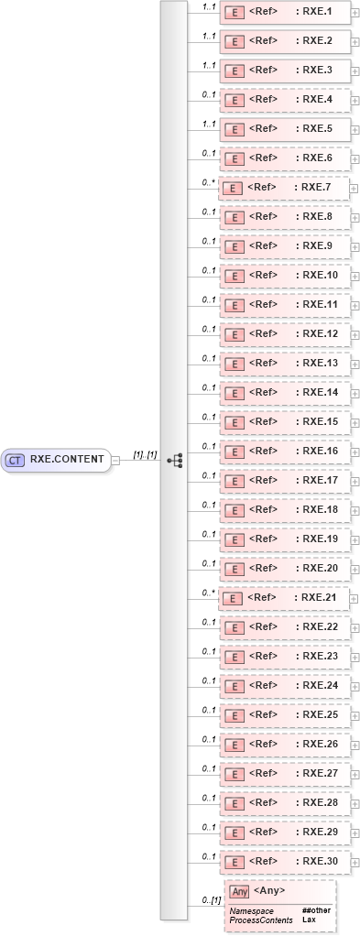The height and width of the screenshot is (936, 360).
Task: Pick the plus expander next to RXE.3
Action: click(x=355, y=71)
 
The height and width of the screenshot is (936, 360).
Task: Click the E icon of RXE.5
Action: click(x=234, y=129)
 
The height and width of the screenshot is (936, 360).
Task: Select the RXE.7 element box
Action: click(x=283, y=188)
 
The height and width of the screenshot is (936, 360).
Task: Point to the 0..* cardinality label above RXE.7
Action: click(x=208, y=181)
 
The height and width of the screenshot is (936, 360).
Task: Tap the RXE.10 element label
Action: click(x=314, y=275)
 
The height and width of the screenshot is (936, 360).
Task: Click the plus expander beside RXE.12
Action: click(x=355, y=334)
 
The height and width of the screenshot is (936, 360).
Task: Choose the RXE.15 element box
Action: click(x=283, y=421)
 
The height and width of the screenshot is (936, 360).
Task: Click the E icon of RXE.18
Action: click(x=234, y=509)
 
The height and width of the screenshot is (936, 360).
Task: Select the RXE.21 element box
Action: click(x=283, y=597)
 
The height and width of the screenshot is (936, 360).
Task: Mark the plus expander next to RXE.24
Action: click(x=355, y=685)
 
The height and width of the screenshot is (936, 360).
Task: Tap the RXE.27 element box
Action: click(x=283, y=773)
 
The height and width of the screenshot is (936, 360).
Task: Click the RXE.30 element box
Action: click(x=283, y=861)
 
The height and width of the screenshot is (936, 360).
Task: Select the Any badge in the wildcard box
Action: click(x=239, y=890)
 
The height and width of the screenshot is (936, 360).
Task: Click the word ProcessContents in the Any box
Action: click(x=261, y=919)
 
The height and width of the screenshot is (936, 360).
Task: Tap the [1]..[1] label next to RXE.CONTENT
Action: click(x=145, y=454)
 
